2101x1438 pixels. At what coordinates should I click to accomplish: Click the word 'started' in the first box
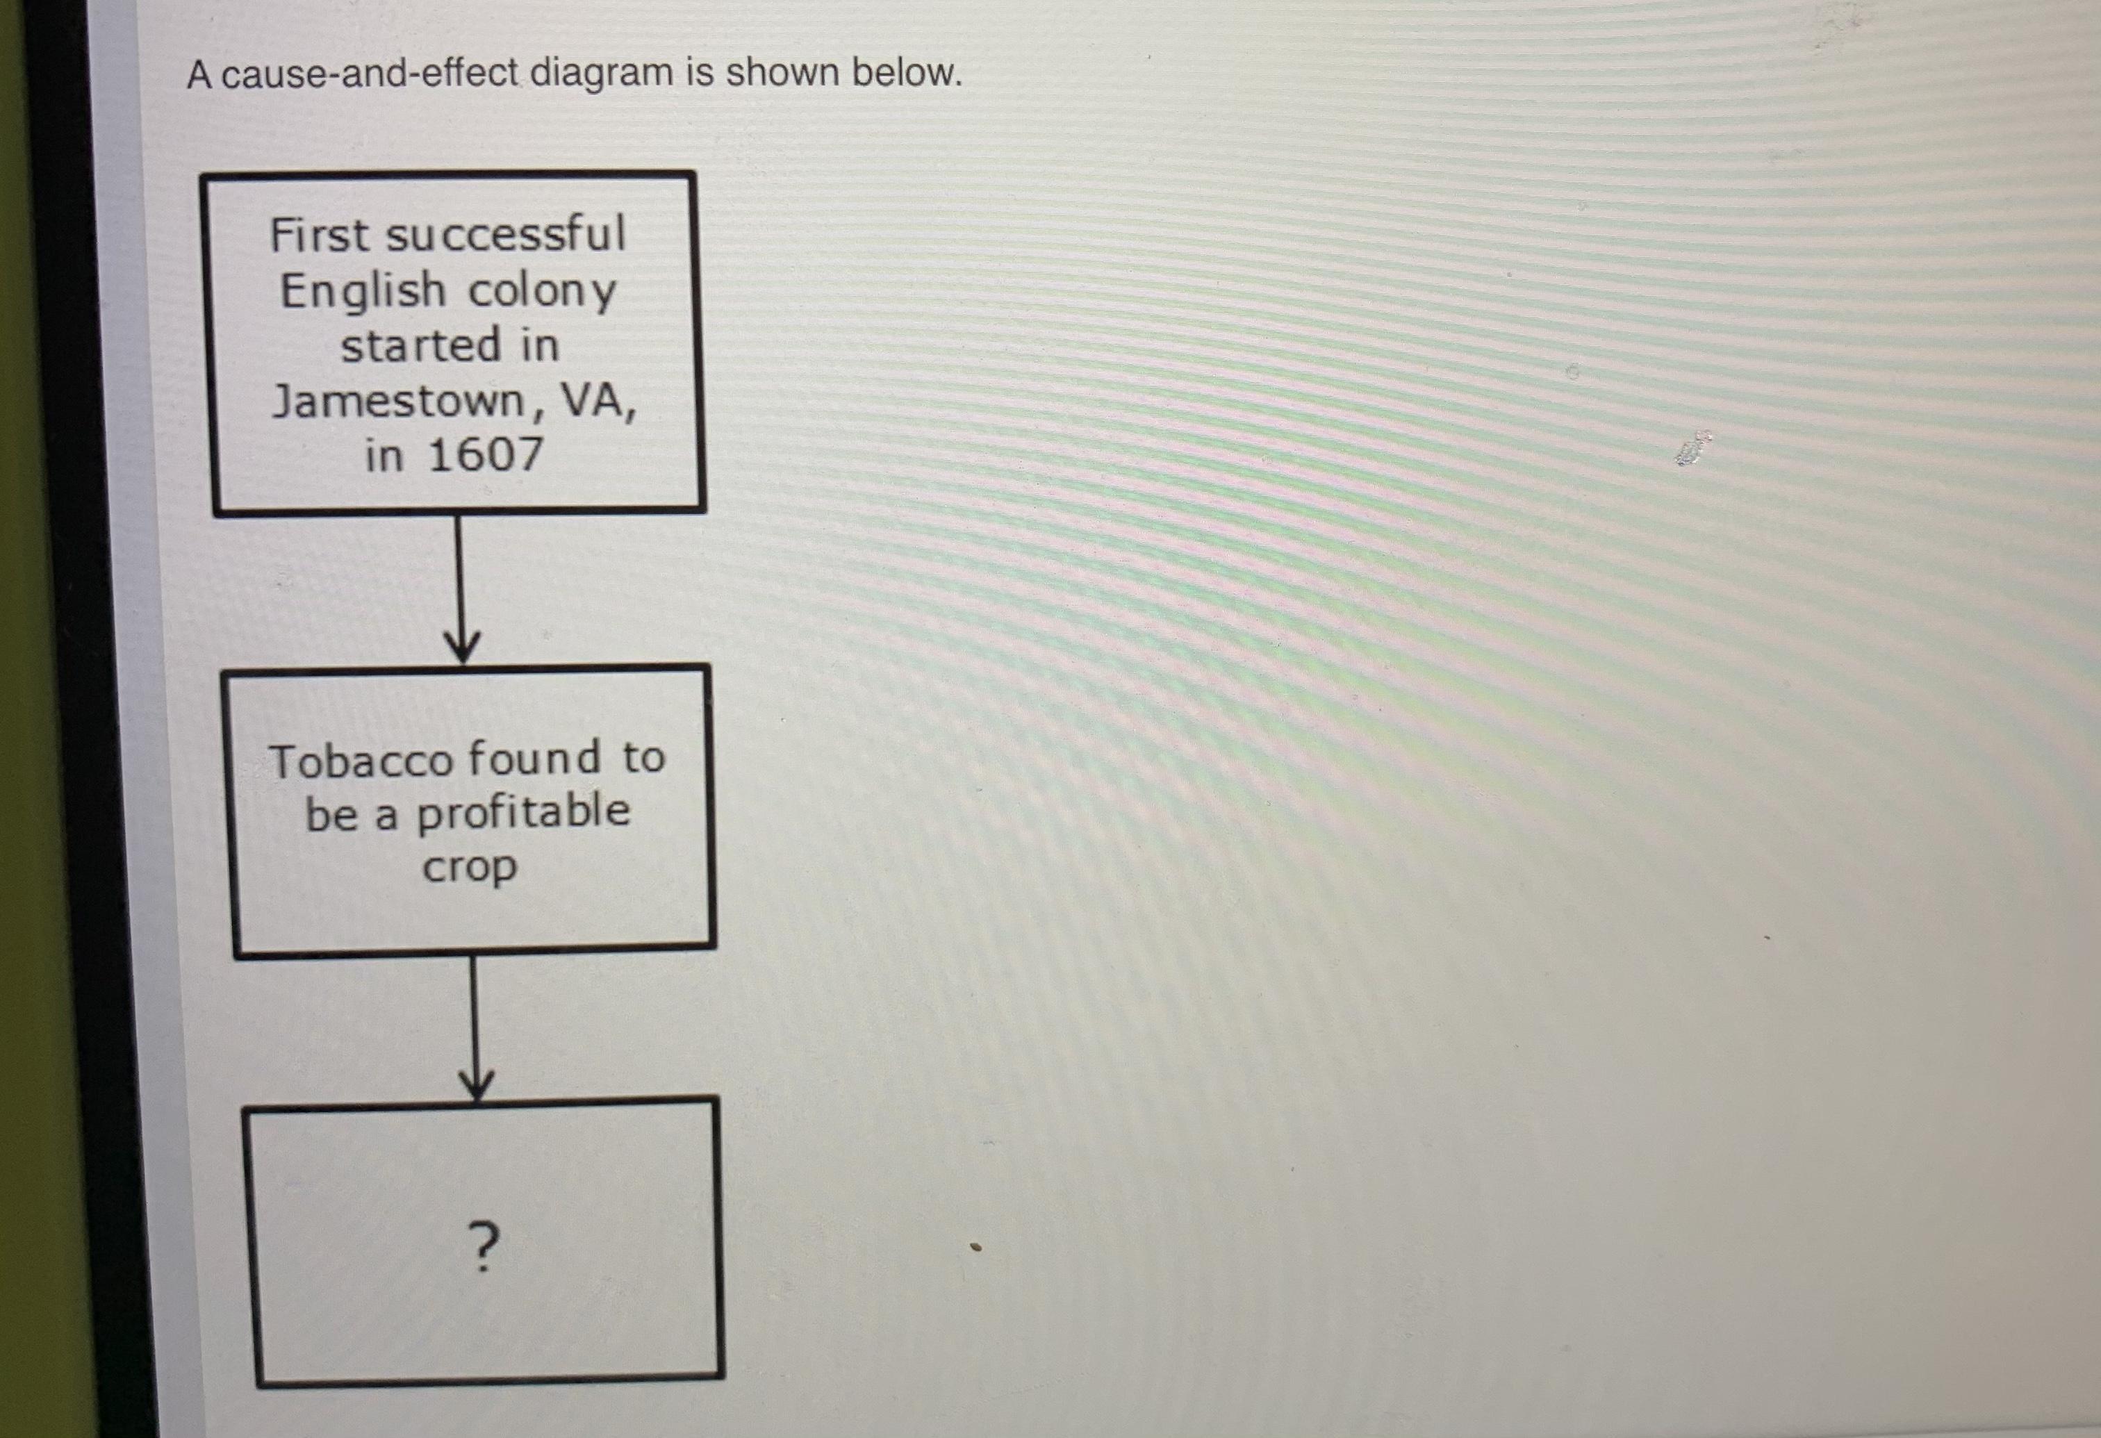coord(420,346)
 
